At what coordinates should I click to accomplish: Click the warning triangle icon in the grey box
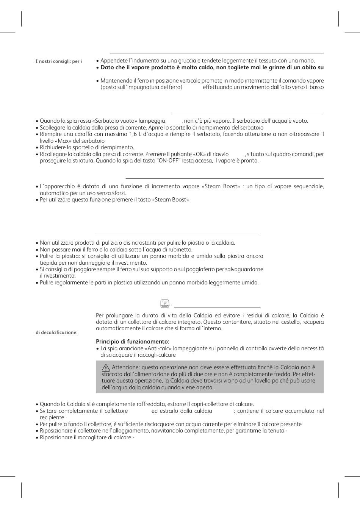(x=106, y=367)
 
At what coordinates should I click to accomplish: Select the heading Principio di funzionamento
(x=133, y=342)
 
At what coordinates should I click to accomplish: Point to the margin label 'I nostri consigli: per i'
(x=59, y=61)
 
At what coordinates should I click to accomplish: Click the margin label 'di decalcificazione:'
(x=56, y=333)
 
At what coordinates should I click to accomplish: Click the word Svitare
(x=49, y=411)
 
